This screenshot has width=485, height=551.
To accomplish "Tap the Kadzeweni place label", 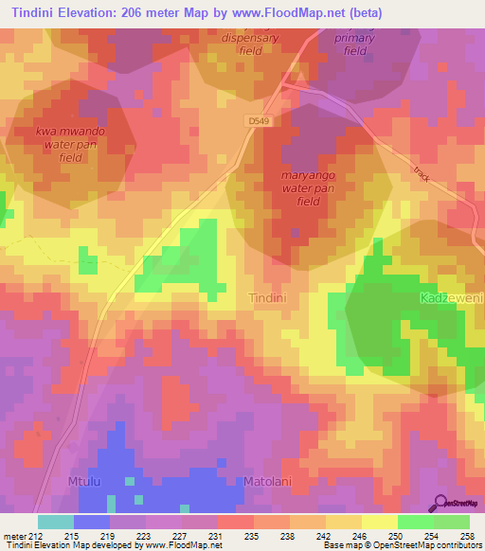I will coord(451,297).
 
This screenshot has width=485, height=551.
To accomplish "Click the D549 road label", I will coord(259,121).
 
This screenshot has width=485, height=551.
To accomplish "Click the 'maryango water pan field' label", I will coord(309,188).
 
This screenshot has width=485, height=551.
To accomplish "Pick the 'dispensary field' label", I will coord(251,44).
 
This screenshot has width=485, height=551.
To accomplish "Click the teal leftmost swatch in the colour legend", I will coord(55,522).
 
